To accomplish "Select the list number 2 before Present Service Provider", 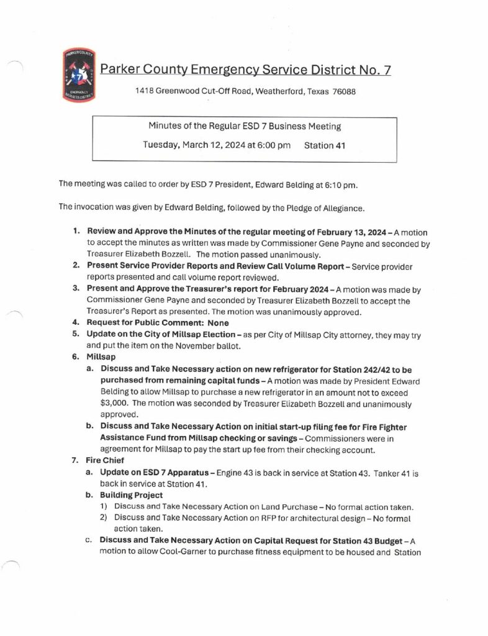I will (75, 266).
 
